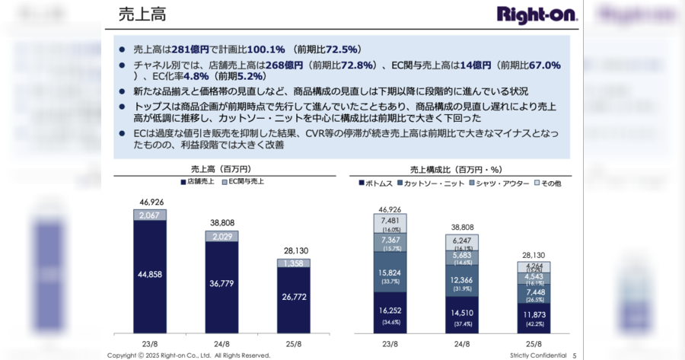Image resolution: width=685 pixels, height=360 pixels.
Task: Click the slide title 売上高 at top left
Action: coord(142,14)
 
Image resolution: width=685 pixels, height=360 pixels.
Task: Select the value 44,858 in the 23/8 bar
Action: coord(150,274)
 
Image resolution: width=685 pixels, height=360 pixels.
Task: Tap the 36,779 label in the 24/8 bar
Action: coord(221,284)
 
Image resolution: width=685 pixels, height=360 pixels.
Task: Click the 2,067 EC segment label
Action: coord(150,215)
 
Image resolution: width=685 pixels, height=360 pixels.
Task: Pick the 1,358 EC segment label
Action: coord(293,263)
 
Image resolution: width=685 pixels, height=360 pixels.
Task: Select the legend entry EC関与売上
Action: coord(243,183)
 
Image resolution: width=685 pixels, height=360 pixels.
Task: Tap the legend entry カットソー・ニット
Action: coord(432,183)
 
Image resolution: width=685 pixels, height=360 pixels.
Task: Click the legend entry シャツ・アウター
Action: coord(499,183)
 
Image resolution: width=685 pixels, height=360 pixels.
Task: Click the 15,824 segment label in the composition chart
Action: coord(390,273)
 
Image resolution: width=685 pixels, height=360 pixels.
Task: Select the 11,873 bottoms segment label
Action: coord(533,315)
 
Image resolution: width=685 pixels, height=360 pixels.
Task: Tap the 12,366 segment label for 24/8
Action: coord(461,280)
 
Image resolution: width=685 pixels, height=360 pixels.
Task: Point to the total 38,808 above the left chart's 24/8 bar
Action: coord(221,224)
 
